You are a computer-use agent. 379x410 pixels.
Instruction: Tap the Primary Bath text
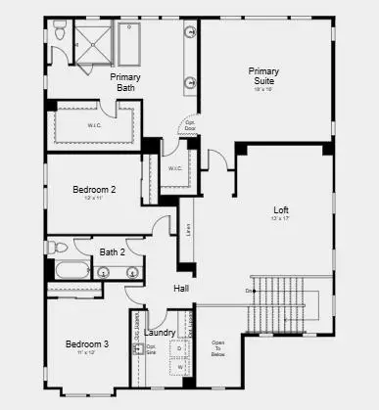pos(126,82)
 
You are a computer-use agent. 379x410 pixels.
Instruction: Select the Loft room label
pos(281,210)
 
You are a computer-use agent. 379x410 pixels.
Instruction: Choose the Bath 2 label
pos(113,251)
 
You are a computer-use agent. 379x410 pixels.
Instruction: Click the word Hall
pos(181,289)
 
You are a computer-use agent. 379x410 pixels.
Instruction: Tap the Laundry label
pos(160,333)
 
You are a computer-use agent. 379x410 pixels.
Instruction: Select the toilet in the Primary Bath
pos(61,33)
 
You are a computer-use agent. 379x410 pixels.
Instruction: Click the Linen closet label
pos(186,236)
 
